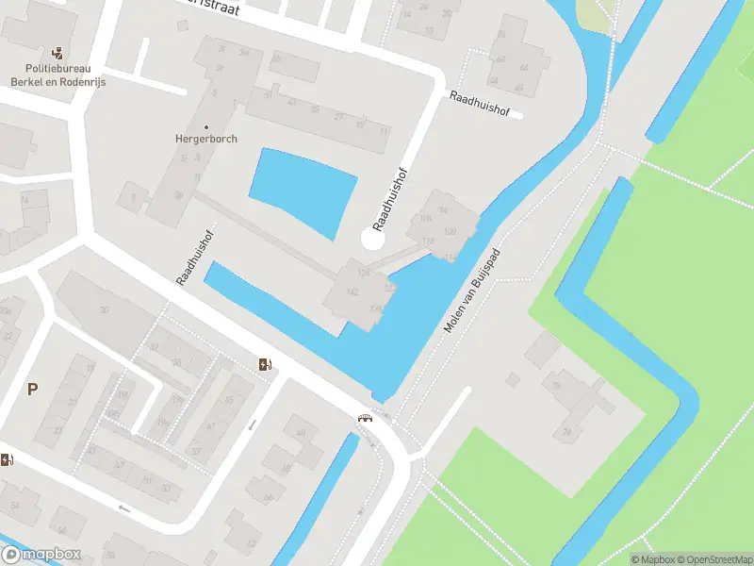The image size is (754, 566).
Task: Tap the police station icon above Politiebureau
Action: (x=58, y=51)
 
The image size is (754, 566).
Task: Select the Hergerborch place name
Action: (x=205, y=139)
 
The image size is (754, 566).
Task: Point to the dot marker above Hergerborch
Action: (x=206, y=126)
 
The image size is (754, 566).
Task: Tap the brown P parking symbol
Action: (x=33, y=389)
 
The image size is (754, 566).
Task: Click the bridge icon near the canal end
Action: (x=364, y=417)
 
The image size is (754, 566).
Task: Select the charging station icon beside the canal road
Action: (x=267, y=365)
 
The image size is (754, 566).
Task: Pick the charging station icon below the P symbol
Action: (x=8, y=460)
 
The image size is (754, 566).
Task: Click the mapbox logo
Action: (x=41, y=555)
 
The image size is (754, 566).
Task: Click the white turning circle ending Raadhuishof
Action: (x=373, y=240)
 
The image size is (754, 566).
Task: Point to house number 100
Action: (x=449, y=231)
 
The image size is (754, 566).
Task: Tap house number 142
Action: (x=353, y=292)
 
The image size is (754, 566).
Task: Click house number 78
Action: (x=566, y=432)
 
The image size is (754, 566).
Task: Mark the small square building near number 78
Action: (x=513, y=379)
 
